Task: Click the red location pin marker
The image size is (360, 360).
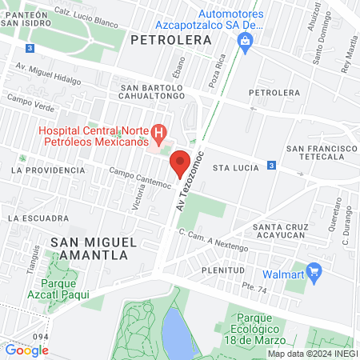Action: pyautogui.click(x=180, y=164)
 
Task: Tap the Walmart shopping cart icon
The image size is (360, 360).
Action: pyautogui.click(x=313, y=273)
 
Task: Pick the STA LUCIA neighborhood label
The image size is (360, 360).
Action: pyautogui.click(x=233, y=168)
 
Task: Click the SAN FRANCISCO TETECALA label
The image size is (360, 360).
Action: pyautogui.click(x=321, y=154)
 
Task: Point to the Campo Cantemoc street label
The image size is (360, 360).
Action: pyautogui.click(x=140, y=178)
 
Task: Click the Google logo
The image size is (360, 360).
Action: pyautogui.click(x=26, y=350)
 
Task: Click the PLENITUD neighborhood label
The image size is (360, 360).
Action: pyautogui.click(x=221, y=270)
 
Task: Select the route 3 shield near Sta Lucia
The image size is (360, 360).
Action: pyautogui.click(x=271, y=166)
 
